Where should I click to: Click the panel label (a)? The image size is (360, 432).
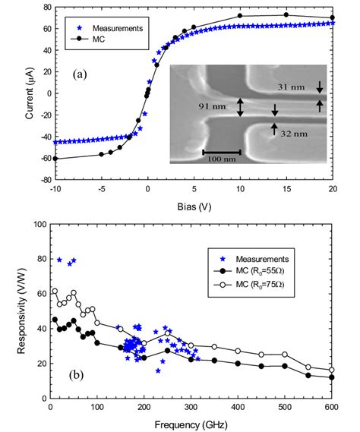pyautogui.click(x=82, y=75)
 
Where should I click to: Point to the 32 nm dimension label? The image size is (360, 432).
pyautogui.click(x=292, y=134)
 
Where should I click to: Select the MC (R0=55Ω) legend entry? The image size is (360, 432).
pyautogui.click(x=272, y=270)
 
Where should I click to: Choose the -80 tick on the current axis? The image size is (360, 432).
pyautogui.click(x=39, y=181)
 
